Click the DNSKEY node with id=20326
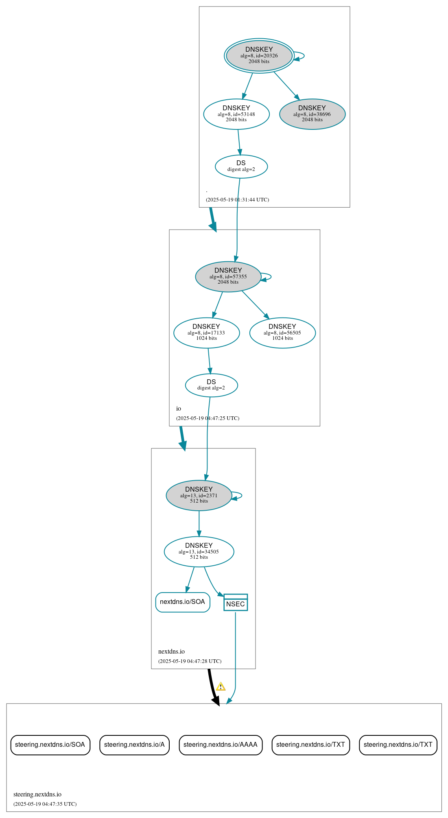[x=259, y=56]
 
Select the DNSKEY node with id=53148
[x=236, y=114]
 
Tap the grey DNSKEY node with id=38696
[x=312, y=114]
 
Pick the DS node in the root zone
[x=241, y=166]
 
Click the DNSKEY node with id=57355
[x=228, y=276]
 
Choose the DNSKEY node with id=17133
[x=206, y=332]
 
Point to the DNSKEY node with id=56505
[x=282, y=332]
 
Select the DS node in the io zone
[x=211, y=385]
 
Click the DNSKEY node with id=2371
[x=199, y=495]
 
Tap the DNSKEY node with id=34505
[x=199, y=551]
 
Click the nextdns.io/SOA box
[x=182, y=602]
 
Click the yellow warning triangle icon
[x=221, y=687]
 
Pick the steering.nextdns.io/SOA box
[x=50, y=745]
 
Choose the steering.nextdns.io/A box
[x=134, y=745]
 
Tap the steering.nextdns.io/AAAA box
[x=221, y=745]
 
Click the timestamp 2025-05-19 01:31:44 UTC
[x=237, y=200]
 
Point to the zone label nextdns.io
[x=171, y=652]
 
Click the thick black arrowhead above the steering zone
[x=216, y=701]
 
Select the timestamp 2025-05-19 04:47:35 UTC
[x=45, y=804]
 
